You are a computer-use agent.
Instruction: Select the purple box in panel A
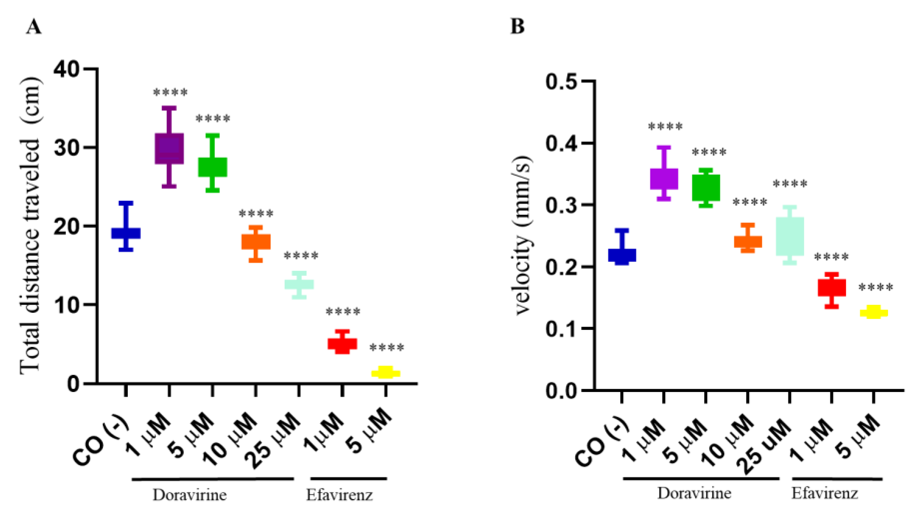pos(169,148)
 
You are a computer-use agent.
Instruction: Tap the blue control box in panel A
pos(126,233)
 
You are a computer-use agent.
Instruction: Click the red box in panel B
pos(832,288)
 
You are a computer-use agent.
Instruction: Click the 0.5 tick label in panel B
pos(561,82)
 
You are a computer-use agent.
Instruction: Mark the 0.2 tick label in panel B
pos(561,267)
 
